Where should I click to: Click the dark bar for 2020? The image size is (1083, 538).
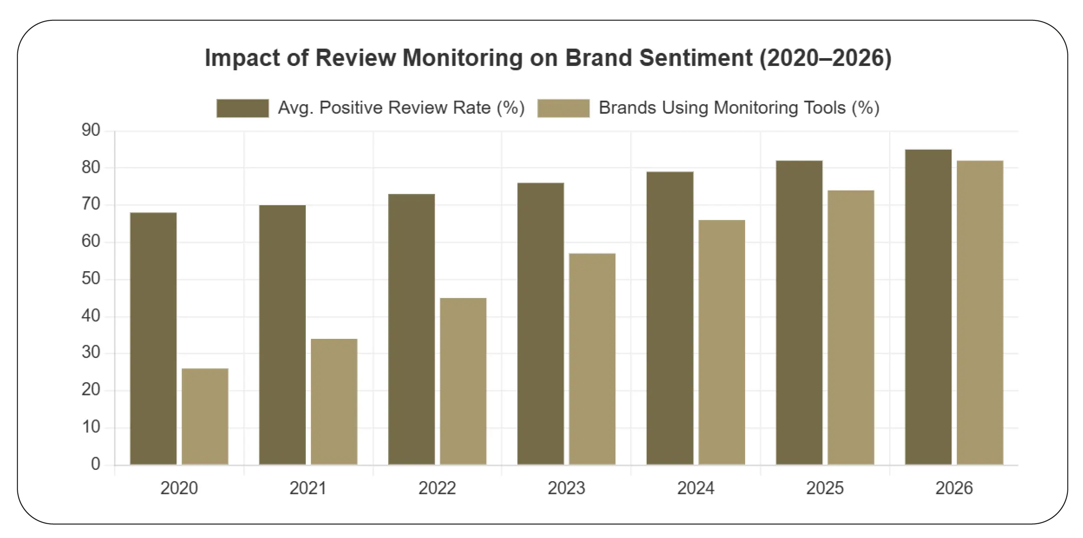pos(153,338)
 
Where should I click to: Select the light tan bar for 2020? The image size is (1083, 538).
pos(205,417)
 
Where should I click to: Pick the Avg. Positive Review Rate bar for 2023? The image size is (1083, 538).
pos(540,324)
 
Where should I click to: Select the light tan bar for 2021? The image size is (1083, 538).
pos(334,401)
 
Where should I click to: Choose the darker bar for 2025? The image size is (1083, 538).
pos(799,312)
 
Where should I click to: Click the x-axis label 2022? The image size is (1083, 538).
pos(437,488)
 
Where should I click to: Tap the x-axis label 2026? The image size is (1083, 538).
pos(954,488)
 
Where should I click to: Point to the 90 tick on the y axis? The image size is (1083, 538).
pos(91,130)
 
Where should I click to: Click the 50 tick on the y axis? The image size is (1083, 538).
pos(91,279)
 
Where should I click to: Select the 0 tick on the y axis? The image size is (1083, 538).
pos(95,464)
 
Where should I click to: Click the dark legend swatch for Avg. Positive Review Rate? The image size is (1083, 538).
pos(242,108)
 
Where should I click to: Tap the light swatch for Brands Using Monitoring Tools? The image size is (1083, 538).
pos(563,108)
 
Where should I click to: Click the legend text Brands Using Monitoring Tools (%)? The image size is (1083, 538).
pos(739,108)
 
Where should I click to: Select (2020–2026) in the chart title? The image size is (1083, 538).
pos(825,58)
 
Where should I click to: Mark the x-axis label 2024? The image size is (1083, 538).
pos(696,488)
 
